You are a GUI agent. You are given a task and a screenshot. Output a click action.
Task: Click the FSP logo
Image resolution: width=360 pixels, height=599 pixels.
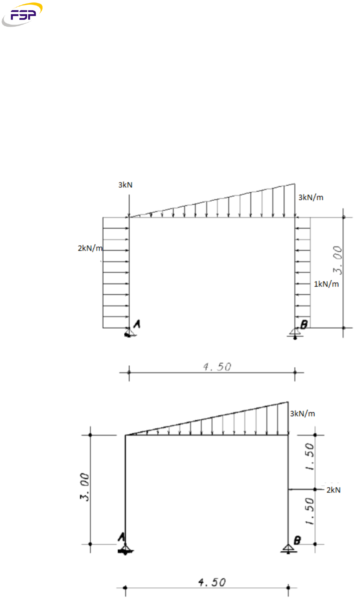point(22,14)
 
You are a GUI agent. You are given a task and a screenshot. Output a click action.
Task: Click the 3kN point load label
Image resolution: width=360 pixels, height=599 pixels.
point(125,185)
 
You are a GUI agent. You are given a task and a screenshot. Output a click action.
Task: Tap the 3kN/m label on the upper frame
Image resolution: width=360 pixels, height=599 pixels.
point(311,198)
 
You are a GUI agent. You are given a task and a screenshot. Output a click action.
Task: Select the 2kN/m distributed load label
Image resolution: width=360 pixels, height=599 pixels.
point(90,248)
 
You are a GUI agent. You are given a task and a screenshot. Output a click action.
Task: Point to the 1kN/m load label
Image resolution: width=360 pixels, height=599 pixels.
point(326,284)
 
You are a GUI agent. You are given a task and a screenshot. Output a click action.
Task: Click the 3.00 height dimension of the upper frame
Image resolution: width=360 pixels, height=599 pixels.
point(338,260)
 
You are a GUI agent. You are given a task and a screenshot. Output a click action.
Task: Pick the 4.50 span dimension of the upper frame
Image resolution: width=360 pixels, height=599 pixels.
point(217,366)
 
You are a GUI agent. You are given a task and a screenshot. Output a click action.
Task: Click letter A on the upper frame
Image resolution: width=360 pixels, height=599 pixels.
point(137,324)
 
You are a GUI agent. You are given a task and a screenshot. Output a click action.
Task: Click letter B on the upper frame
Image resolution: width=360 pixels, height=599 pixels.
point(304,324)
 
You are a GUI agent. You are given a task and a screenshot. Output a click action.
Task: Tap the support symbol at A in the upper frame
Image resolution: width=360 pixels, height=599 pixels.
point(130,332)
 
